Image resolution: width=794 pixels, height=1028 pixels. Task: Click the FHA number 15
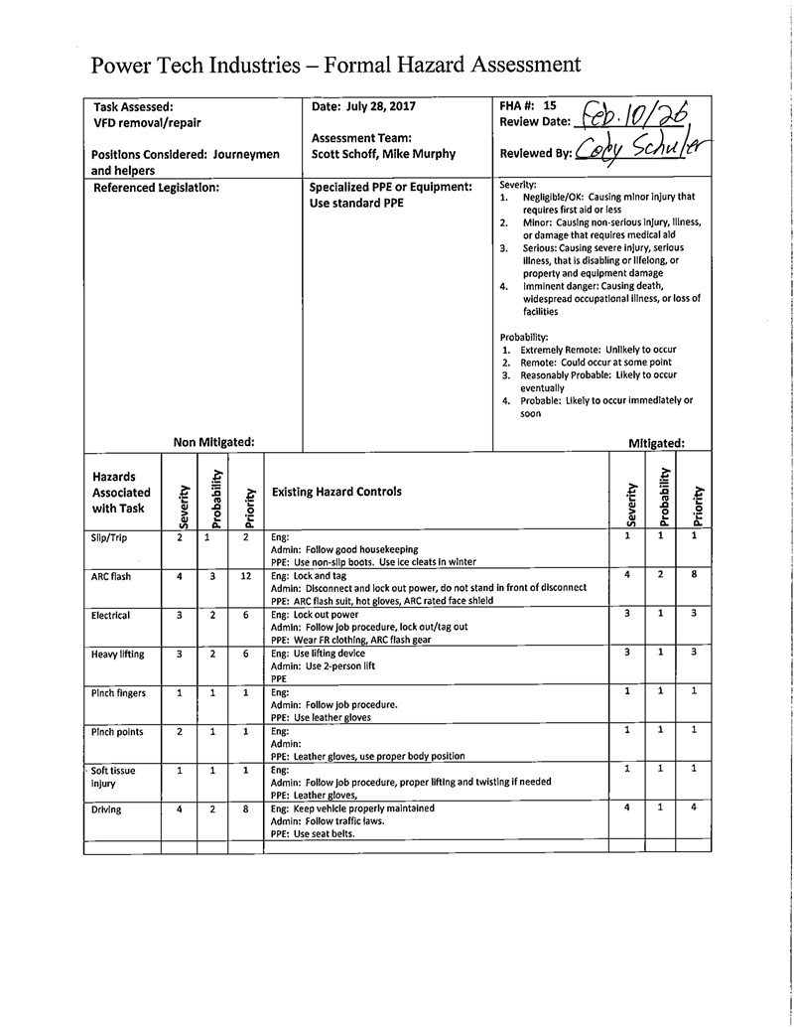pos(551,104)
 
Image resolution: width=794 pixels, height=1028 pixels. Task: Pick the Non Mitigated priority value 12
pos(245,576)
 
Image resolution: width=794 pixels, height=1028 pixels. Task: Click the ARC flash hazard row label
pos(111,576)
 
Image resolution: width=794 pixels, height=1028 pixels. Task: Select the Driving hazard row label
pos(106,809)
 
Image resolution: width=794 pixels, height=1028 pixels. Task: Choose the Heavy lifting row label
pos(118,654)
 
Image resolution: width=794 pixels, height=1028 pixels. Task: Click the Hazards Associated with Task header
pos(121,493)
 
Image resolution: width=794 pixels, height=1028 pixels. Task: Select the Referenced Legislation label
pos(155,187)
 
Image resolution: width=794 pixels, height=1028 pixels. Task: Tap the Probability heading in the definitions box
pos(524,338)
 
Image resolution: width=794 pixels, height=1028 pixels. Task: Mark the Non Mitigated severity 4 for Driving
pos(180,809)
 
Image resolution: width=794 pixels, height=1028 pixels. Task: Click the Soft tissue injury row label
pos(113,777)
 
